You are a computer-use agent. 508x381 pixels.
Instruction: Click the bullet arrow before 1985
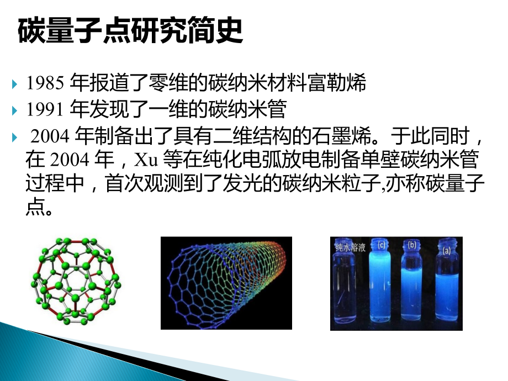[x=15, y=84]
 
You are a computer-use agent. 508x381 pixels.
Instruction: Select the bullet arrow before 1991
[x=15, y=110]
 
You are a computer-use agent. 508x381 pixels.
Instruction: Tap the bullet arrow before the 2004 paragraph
[x=15, y=136]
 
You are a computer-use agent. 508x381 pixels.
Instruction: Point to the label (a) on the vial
[x=447, y=250]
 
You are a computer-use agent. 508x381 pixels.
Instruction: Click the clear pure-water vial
[x=348, y=287]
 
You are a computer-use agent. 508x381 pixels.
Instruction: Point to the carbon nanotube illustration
[x=226, y=282]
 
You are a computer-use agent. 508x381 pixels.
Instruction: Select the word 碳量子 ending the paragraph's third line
[x=454, y=186]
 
